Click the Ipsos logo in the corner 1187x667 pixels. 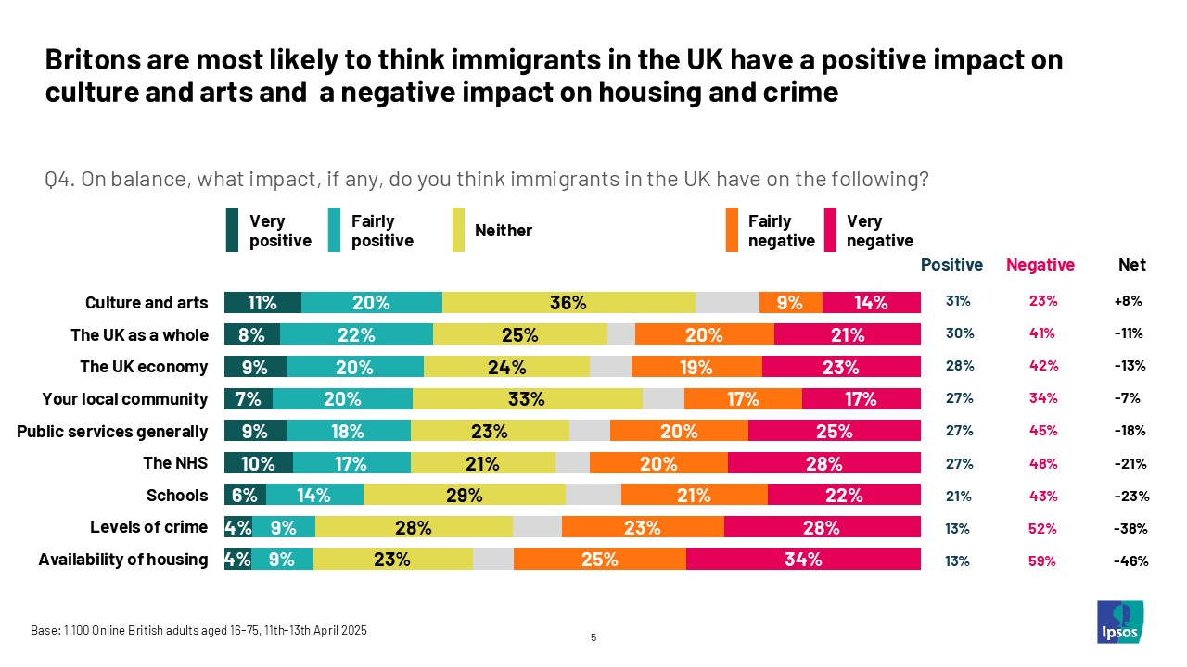tap(1119, 622)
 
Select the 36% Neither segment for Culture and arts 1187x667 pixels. tap(568, 302)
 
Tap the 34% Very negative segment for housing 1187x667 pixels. tap(803, 560)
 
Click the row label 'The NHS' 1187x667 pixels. tap(175, 463)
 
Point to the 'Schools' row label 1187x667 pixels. tap(177, 496)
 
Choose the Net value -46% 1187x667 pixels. tap(1131, 560)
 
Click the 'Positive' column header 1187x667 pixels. tap(951, 265)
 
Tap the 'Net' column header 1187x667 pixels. tap(1131, 265)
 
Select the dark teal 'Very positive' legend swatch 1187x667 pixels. tap(233, 231)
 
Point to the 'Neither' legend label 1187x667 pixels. tap(504, 231)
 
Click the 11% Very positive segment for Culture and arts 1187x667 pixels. tap(262, 302)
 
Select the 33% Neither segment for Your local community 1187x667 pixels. tap(528, 399)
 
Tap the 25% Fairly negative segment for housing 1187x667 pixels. tap(599, 560)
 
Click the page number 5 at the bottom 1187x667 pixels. tap(593, 637)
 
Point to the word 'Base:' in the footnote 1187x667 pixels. tap(45, 631)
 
